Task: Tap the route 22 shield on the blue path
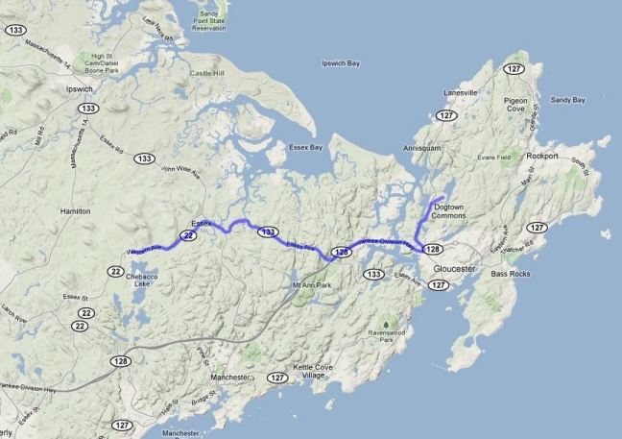(189, 235)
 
